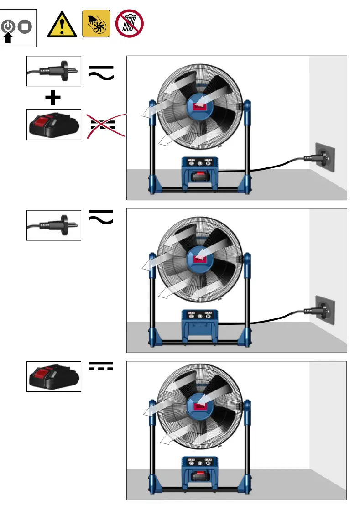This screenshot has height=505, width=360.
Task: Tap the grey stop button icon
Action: tap(24, 27)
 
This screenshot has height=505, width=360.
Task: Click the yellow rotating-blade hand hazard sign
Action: tap(96, 23)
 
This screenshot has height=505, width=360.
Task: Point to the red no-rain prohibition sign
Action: tap(130, 23)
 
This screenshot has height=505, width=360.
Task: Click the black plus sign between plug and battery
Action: tap(53, 98)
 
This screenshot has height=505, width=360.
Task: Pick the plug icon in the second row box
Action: tap(53, 224)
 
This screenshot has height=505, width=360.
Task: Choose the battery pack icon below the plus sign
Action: tap(53, 124)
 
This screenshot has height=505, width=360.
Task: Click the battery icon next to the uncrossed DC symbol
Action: tap(53, 376)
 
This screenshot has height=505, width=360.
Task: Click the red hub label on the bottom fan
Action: tap(199, 406)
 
